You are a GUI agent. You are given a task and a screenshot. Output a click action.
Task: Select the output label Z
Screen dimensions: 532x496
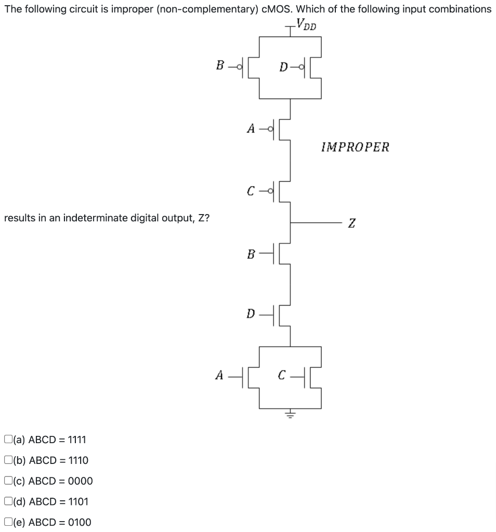[352, 223]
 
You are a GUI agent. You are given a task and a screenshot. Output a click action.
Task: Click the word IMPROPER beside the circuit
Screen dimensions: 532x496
[355, 147]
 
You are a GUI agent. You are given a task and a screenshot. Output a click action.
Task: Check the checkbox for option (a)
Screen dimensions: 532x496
[8, 440]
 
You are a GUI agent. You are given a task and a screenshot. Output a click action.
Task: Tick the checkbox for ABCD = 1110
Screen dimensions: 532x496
[8, 460]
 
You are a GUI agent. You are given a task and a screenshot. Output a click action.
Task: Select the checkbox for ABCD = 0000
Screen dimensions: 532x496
[8, 481]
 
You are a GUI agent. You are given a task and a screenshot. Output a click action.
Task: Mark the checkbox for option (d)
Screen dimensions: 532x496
[8, 501]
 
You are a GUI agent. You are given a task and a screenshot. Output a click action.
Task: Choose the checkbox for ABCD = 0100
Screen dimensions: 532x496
[8, 522]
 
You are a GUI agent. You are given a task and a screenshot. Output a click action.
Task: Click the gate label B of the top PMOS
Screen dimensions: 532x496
[220, 66]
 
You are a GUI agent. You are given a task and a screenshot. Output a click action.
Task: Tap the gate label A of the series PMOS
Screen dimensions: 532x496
[251, 129]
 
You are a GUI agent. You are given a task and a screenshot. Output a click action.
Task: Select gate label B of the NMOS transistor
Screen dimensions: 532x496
[251, 255]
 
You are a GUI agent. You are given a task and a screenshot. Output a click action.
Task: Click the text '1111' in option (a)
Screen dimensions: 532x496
[77, 440]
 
